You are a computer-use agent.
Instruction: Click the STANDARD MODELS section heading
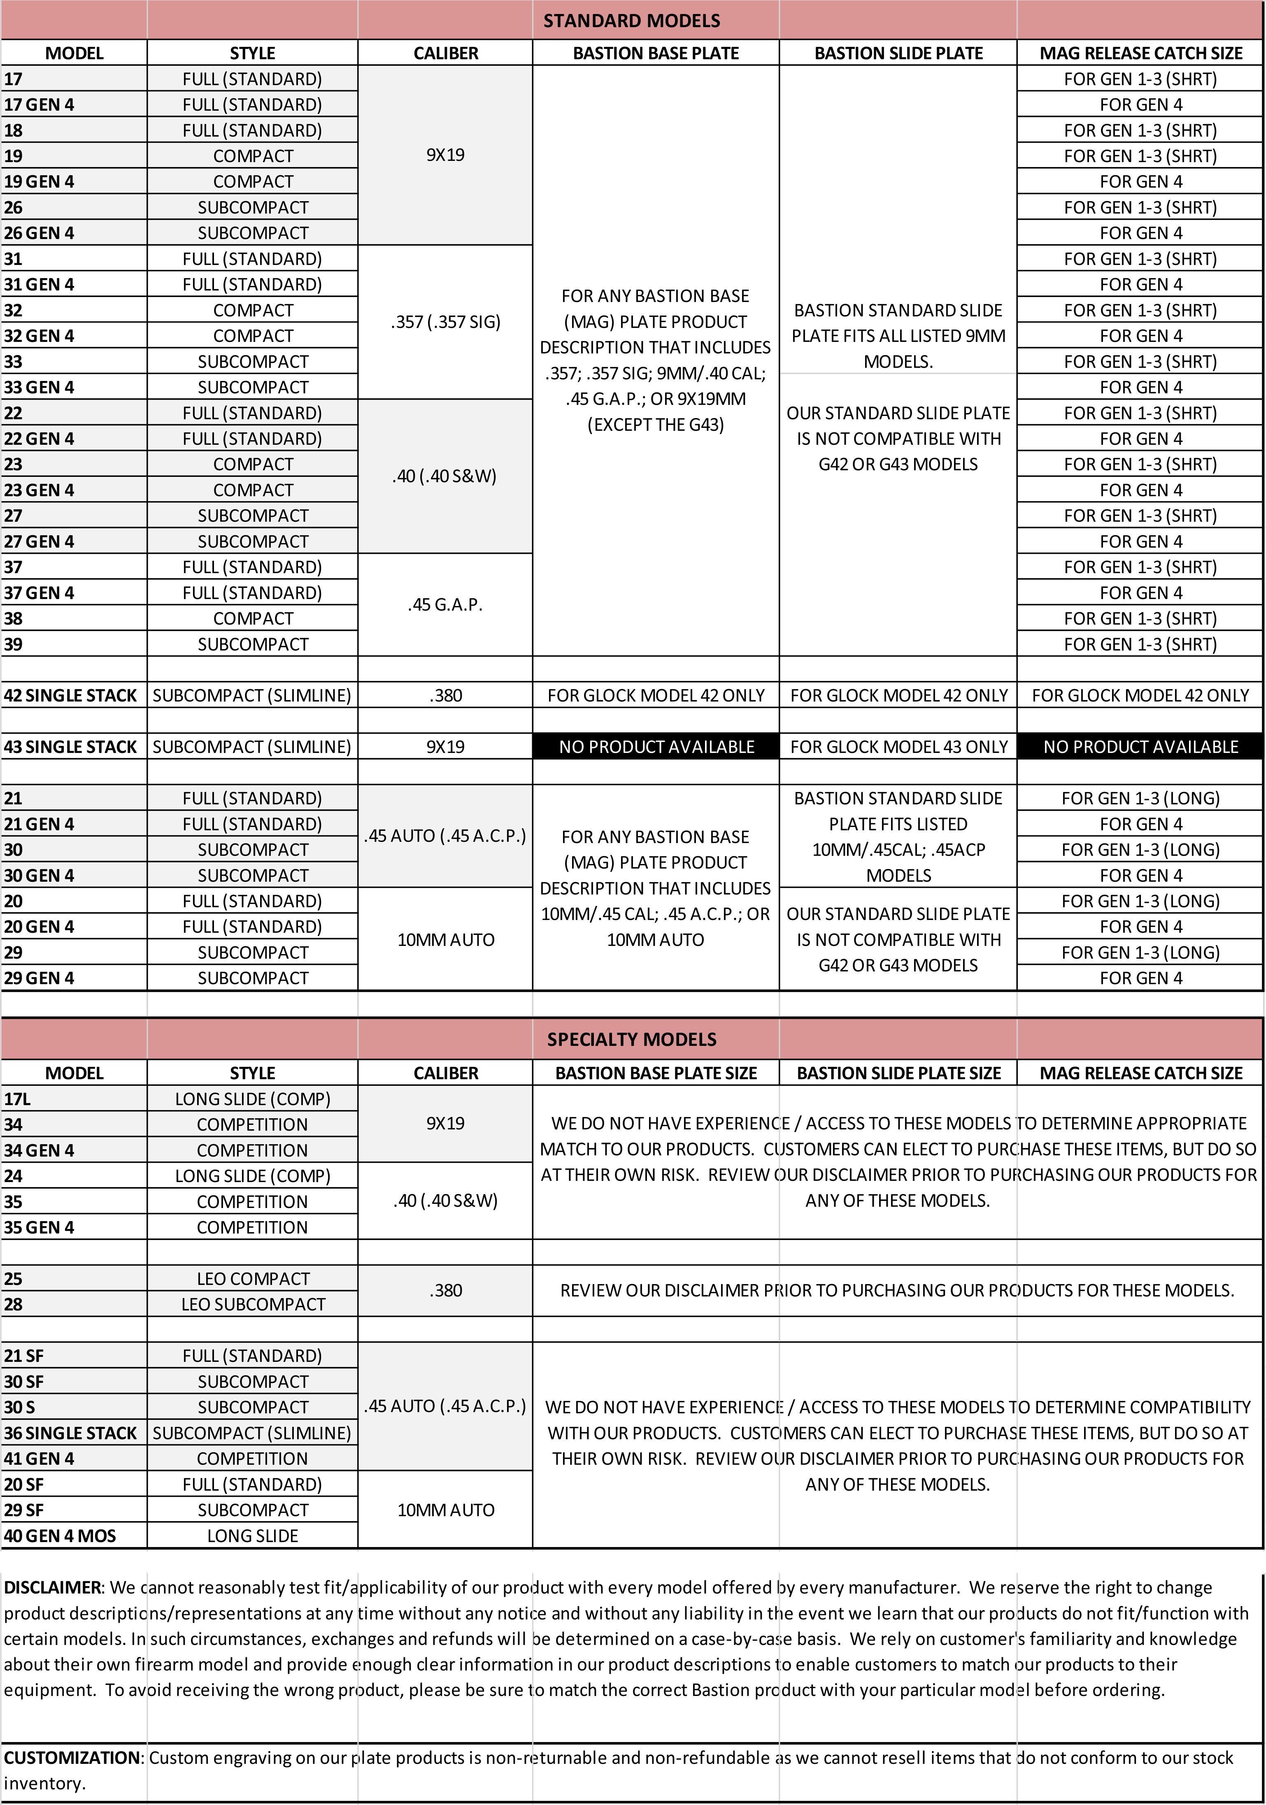631,21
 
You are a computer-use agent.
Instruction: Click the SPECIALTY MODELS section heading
631,1039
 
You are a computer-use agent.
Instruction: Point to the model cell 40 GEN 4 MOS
60,1536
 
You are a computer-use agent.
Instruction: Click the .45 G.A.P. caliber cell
445,604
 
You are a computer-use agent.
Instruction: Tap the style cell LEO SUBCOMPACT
252,1304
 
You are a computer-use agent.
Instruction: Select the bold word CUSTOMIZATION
72,1758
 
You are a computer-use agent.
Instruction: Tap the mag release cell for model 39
1140,644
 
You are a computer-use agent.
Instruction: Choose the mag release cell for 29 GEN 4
1140,978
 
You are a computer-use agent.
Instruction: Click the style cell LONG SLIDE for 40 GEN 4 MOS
252,1536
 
